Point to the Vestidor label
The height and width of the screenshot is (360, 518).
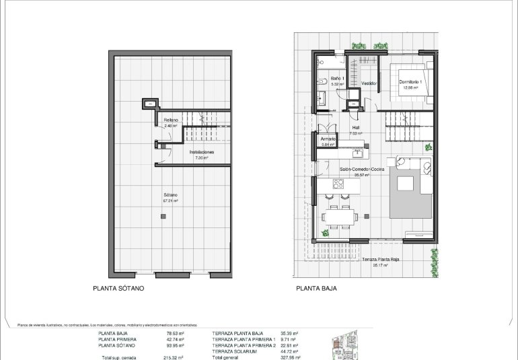coord(367,83)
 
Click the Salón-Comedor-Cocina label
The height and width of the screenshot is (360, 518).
coord(361,170)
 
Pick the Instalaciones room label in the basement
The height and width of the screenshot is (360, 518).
coord(201,152)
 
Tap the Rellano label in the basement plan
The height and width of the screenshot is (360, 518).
coord(171,120)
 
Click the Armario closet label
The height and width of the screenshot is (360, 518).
coord(328,139)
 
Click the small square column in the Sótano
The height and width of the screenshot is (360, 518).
coord(162,216)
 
